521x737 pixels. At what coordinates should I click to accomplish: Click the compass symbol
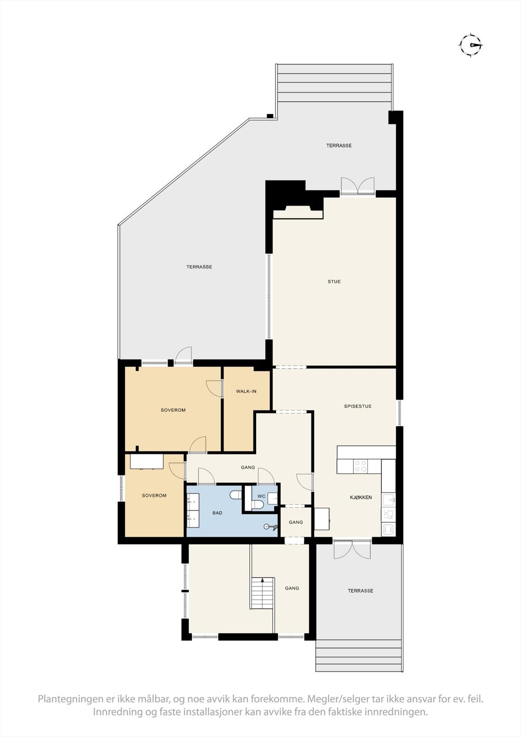pos(470,45)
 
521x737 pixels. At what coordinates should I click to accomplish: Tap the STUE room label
pos(334,281)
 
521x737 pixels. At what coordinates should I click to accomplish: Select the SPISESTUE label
pos(357,406)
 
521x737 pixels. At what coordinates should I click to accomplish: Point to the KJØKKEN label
pos(361,497)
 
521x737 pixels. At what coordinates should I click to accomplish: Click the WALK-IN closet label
pos(246,392)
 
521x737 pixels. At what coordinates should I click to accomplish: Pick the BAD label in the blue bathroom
pos(217,513)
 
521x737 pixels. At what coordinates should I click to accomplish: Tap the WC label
pos(261,496)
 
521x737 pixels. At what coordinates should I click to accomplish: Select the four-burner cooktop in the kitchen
pos(361,466)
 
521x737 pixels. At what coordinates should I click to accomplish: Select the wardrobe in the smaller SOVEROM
pos(146,462)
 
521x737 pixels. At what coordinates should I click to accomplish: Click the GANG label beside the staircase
pos(292,588)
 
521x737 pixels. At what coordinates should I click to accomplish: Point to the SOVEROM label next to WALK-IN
pos(173,410)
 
